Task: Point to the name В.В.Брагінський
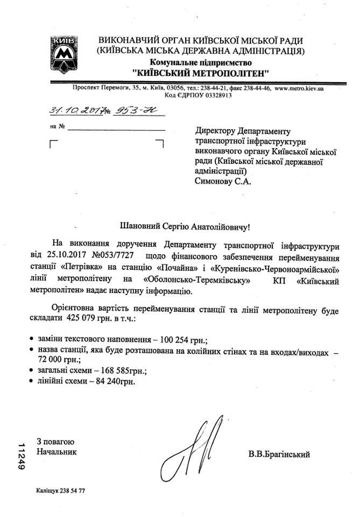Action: point(279,454)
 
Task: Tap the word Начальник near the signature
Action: point(57,452)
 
